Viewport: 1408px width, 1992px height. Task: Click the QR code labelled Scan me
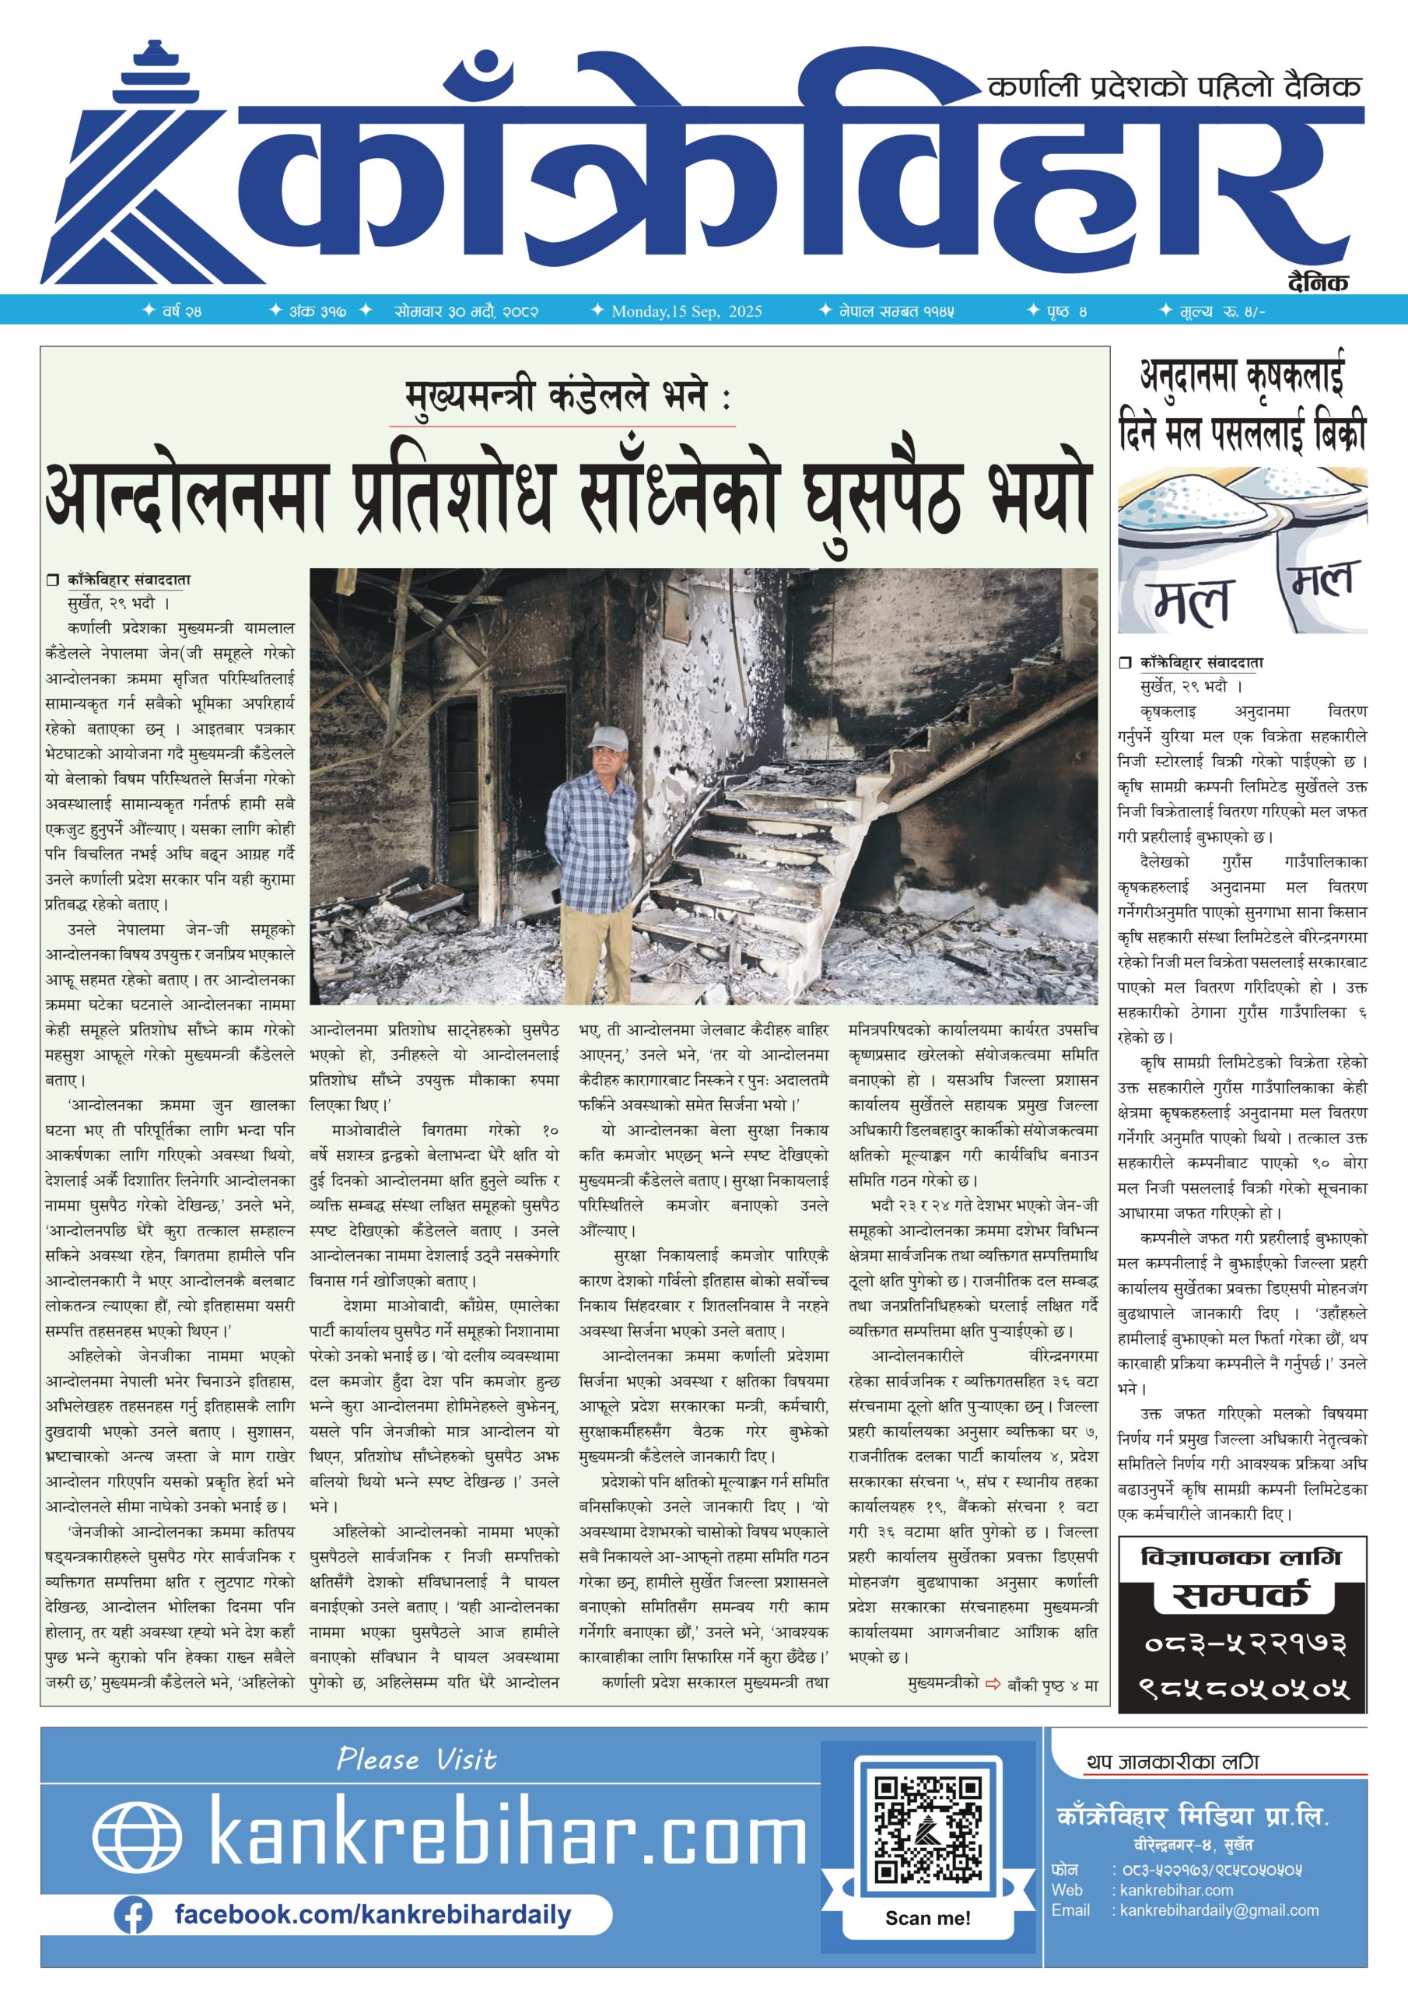(927, 1829)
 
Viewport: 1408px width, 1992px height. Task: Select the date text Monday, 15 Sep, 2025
(686, 311)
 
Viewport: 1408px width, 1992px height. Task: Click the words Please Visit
(416, 1759)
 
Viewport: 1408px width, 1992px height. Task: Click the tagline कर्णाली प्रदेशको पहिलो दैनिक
(1174, 86)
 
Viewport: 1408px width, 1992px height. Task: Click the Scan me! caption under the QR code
(927, 1917)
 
